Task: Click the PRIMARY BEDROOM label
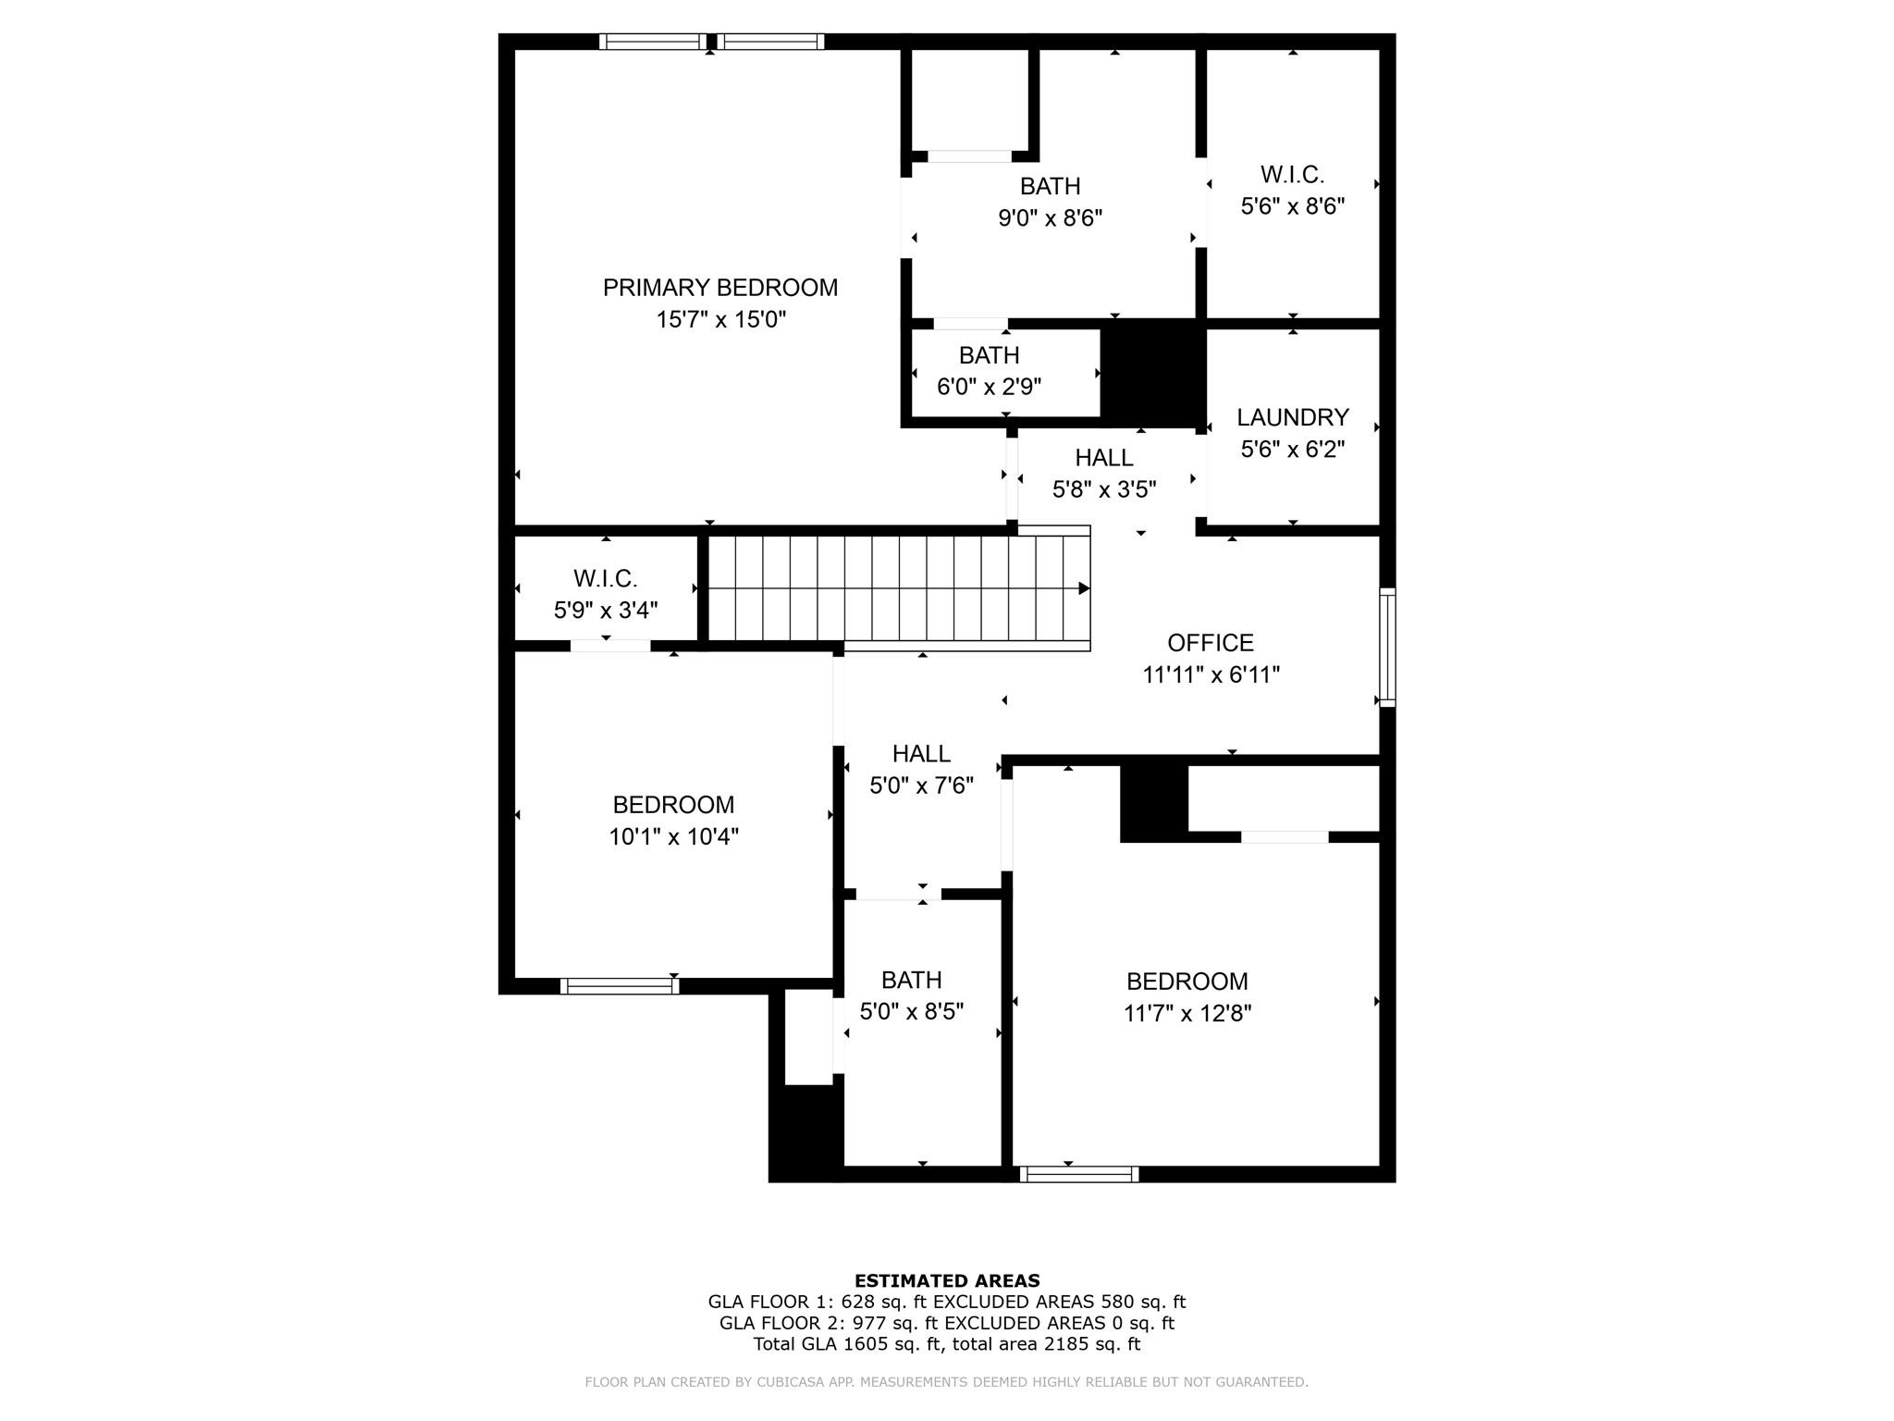pos(720,288)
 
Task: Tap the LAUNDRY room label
pos(1293,417)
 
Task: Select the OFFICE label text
pos(1211,643)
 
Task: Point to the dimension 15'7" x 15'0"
pos(720,320)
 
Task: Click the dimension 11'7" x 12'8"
pos(1187,1013)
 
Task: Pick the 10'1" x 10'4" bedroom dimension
pos(673,837)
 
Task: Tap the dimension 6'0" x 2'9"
pos(989,387)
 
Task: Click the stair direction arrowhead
pos(1084,588)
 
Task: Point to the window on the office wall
pos(1387,648)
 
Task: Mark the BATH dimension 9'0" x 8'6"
pos(1050,218)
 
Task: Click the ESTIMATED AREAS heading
pos(947,1280)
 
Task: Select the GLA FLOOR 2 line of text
pos(947,1323)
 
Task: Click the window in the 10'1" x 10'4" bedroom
pos(619,986)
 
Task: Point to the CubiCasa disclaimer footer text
pos(947,1382)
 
